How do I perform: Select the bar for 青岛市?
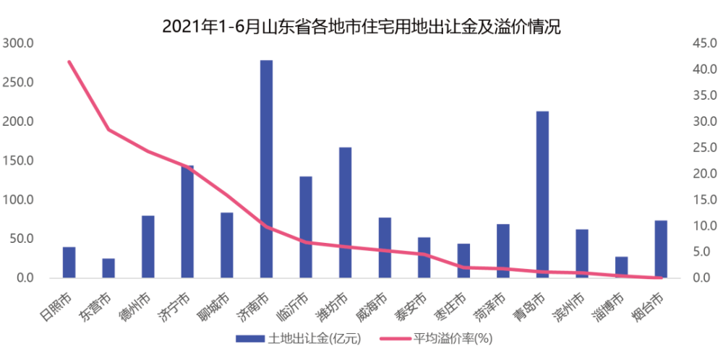542,194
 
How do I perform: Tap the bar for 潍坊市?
345,213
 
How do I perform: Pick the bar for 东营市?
108,268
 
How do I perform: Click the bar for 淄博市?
621,267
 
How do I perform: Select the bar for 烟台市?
661,249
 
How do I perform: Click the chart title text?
361,27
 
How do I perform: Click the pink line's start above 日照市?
69,61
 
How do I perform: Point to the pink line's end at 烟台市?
661,278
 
